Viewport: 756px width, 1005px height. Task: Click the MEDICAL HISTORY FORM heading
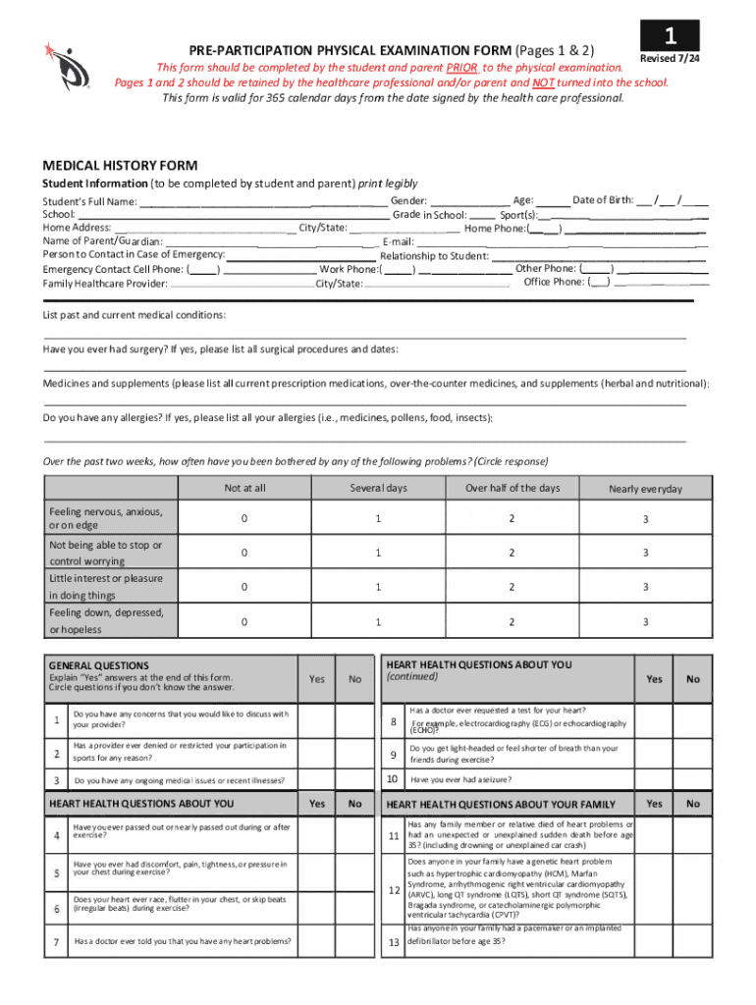(x=119, y=165)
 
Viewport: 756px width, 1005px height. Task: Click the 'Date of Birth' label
(x=603, y=199)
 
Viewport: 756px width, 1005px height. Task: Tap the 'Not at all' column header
(x=244, y=488)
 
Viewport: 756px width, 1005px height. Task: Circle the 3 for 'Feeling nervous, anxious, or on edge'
(x=645, y=519)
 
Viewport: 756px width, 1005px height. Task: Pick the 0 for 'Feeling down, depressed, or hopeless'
(x=244, y=621)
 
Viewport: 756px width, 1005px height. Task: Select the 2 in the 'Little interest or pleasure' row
(x=512, y=587)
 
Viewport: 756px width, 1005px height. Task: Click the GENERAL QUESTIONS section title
(x=99, y=665)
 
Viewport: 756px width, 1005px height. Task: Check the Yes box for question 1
(x=317, y=720)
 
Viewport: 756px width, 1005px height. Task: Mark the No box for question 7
(x=355, y=943)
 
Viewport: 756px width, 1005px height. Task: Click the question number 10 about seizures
(x=392, y=779)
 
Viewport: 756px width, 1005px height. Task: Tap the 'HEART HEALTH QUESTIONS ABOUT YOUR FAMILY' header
(x=501, y=805)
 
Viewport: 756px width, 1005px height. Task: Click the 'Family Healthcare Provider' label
(x=105, y=284)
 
